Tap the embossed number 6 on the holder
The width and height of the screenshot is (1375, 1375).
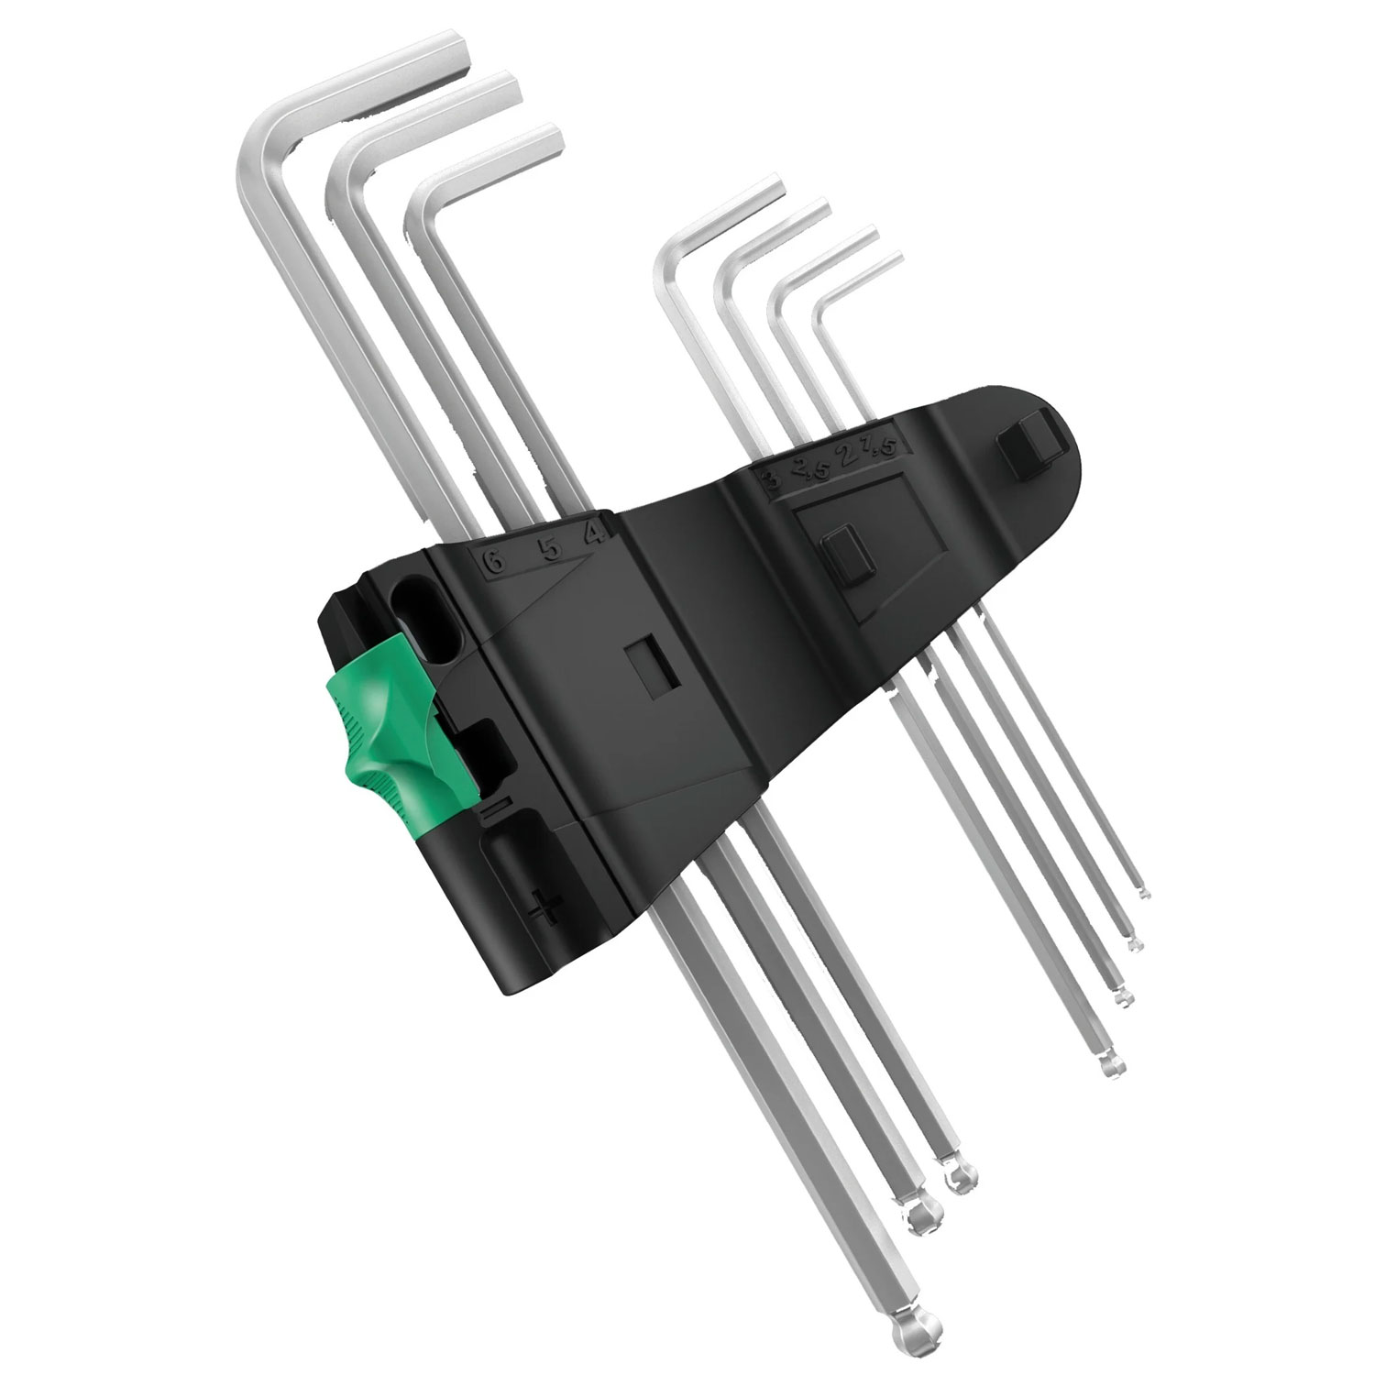pyautogui.click(x=495, y=562)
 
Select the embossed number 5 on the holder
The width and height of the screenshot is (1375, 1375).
pyautogui.click(x=548, y=548)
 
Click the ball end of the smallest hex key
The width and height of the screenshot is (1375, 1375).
pyautogui.click(x=1143, y=892)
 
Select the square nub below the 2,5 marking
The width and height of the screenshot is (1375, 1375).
pyautogui.click(x=841, y=555)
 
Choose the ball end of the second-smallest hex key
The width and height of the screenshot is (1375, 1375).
pyautogui.click(x=1135, y=941)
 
